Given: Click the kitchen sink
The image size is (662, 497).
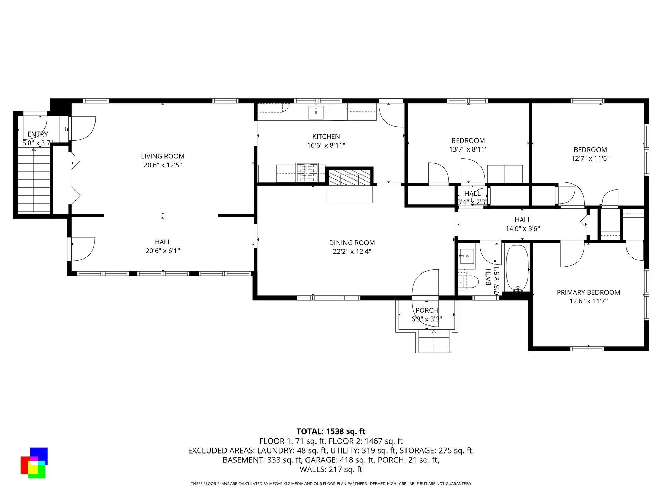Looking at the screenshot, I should coord(316,113).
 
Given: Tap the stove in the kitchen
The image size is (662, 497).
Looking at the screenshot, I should coord(307,173).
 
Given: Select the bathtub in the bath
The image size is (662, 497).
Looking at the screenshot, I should coord(517,268).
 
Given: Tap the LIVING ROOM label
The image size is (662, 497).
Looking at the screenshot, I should coord(162,156).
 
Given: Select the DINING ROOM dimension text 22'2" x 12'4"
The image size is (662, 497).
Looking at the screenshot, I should coord(352,252).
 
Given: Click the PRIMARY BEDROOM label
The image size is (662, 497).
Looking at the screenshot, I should coord(588,292).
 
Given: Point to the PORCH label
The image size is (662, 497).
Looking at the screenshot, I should coord(427,310).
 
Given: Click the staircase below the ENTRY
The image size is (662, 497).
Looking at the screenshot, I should coord(34,183).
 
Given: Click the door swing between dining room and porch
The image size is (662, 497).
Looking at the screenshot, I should coord(426,283).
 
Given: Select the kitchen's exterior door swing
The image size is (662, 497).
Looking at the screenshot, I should coord(390,115).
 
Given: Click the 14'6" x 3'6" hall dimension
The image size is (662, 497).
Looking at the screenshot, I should coord(522,228).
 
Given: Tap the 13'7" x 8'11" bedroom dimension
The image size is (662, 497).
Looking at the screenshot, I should coord(468,149).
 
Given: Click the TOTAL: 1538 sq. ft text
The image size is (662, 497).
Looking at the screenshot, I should coord(331,431).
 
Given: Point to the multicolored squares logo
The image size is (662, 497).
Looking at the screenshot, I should coord(33,463).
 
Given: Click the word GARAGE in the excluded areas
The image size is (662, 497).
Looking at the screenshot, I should coord(318,460).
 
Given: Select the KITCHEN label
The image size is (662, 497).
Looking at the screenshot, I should coord(326,137).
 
